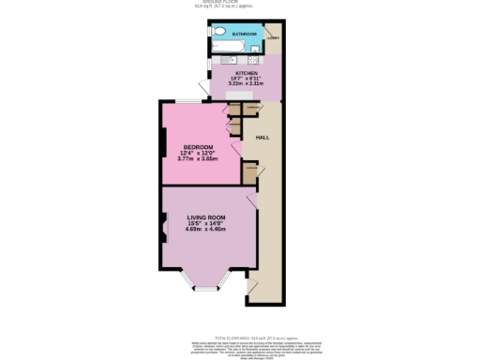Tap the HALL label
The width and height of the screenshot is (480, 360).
click(264, 138)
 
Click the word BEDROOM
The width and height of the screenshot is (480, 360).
click(198, 147)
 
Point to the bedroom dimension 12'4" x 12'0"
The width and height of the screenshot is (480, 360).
click(198, 153)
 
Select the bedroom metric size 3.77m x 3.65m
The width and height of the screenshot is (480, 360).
click(198, 159)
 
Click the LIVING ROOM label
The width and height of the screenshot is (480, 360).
click(207, 217)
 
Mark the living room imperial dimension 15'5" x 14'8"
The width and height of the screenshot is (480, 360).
click(207, 223)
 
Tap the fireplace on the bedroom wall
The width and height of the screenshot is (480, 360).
click(164, 142)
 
